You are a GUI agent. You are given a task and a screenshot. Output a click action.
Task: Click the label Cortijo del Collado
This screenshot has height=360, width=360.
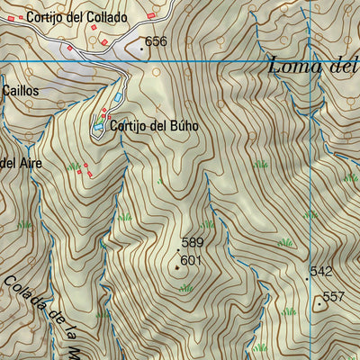click(76, 17)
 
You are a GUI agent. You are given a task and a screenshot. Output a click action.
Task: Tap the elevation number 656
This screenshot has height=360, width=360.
click(157, 41)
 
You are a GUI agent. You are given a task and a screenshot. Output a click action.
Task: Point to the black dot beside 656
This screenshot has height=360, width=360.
click(141, 48)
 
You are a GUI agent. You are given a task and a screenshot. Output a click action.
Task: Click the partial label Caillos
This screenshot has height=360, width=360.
click(21, 91)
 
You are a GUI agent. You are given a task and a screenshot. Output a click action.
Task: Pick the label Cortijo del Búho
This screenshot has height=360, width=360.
click(154, 126)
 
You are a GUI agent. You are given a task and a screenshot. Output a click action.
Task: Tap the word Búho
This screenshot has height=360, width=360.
click(183, 126)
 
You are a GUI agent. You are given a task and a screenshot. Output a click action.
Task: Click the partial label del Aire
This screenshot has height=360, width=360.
click(21, 162)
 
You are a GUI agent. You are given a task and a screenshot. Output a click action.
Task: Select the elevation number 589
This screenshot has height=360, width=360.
click(193, 242)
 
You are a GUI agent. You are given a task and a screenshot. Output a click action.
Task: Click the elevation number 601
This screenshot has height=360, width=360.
click(190, 261)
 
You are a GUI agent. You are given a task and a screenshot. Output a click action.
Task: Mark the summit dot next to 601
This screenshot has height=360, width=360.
click(177, 265)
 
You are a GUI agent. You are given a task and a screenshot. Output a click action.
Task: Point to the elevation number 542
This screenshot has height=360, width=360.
click(321, 271)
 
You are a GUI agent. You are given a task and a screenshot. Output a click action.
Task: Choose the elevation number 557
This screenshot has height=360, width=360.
click(334, 297)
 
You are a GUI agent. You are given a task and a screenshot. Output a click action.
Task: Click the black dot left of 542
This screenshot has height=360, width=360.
click(306, 278)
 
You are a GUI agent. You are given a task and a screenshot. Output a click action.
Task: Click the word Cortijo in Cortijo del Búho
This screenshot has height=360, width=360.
click(127, 126)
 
